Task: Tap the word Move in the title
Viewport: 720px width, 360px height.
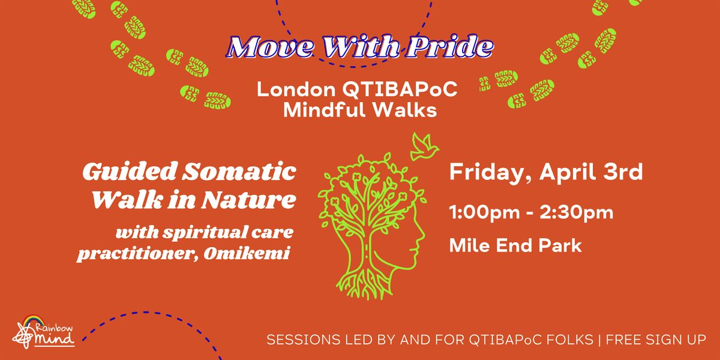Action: (x=270, y=47)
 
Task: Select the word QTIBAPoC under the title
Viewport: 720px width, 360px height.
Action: (x=400, y=89)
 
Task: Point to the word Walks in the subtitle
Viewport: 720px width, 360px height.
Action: (x=405, y=110)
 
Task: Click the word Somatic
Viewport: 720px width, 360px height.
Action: (x=239, y=172)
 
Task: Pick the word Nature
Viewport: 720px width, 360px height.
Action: (x=248, y=200)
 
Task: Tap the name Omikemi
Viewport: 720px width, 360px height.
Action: (x=247, y=253)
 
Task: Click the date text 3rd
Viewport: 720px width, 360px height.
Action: (x=623, y=172)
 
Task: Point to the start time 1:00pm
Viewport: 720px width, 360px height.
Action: (x=484, y=212)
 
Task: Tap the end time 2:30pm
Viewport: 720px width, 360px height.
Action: (x=577, y=212)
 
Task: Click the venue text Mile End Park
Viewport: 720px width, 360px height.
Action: (x=515, y=245)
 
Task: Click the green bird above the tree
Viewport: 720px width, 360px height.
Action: (x=425, y=147)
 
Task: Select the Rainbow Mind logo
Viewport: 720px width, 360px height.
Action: (x=43, y=332)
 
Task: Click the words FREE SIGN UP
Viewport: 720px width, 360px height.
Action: (x=656, y=340)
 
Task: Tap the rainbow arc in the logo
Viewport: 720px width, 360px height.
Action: (x=34, y=320)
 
